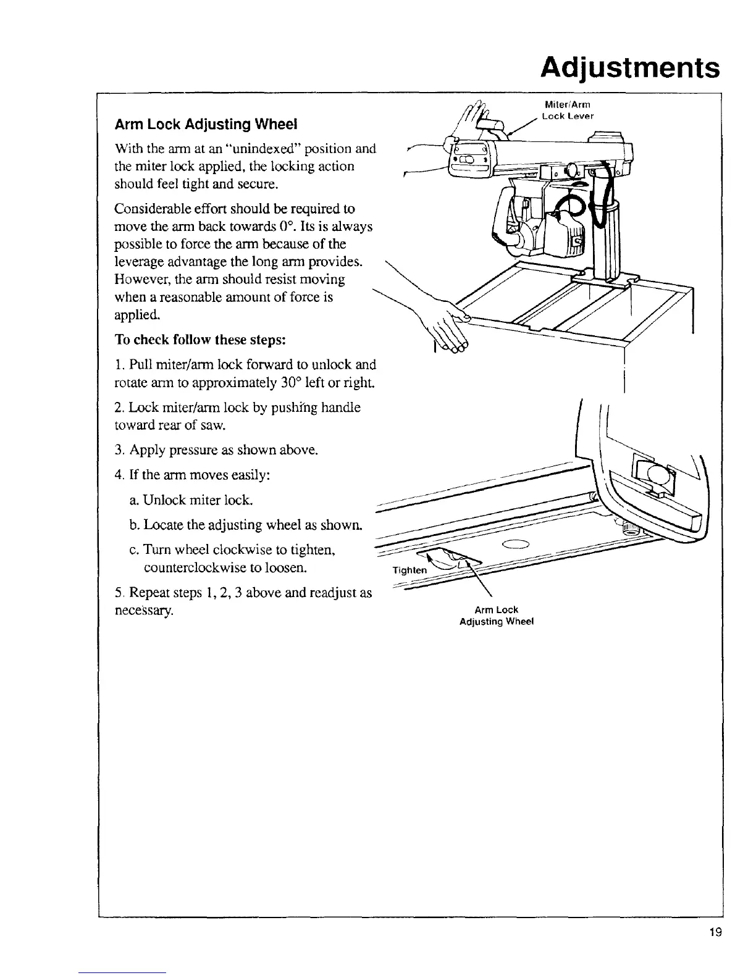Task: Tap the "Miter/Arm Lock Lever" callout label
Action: pyautogui.click(x=567, y=110)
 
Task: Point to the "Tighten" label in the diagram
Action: pyautogui.click(x=409, y=570)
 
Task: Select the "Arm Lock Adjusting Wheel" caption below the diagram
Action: pyautogui.click(x=497, y=616)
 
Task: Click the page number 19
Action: pyautogui.click(x=716, y=932)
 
